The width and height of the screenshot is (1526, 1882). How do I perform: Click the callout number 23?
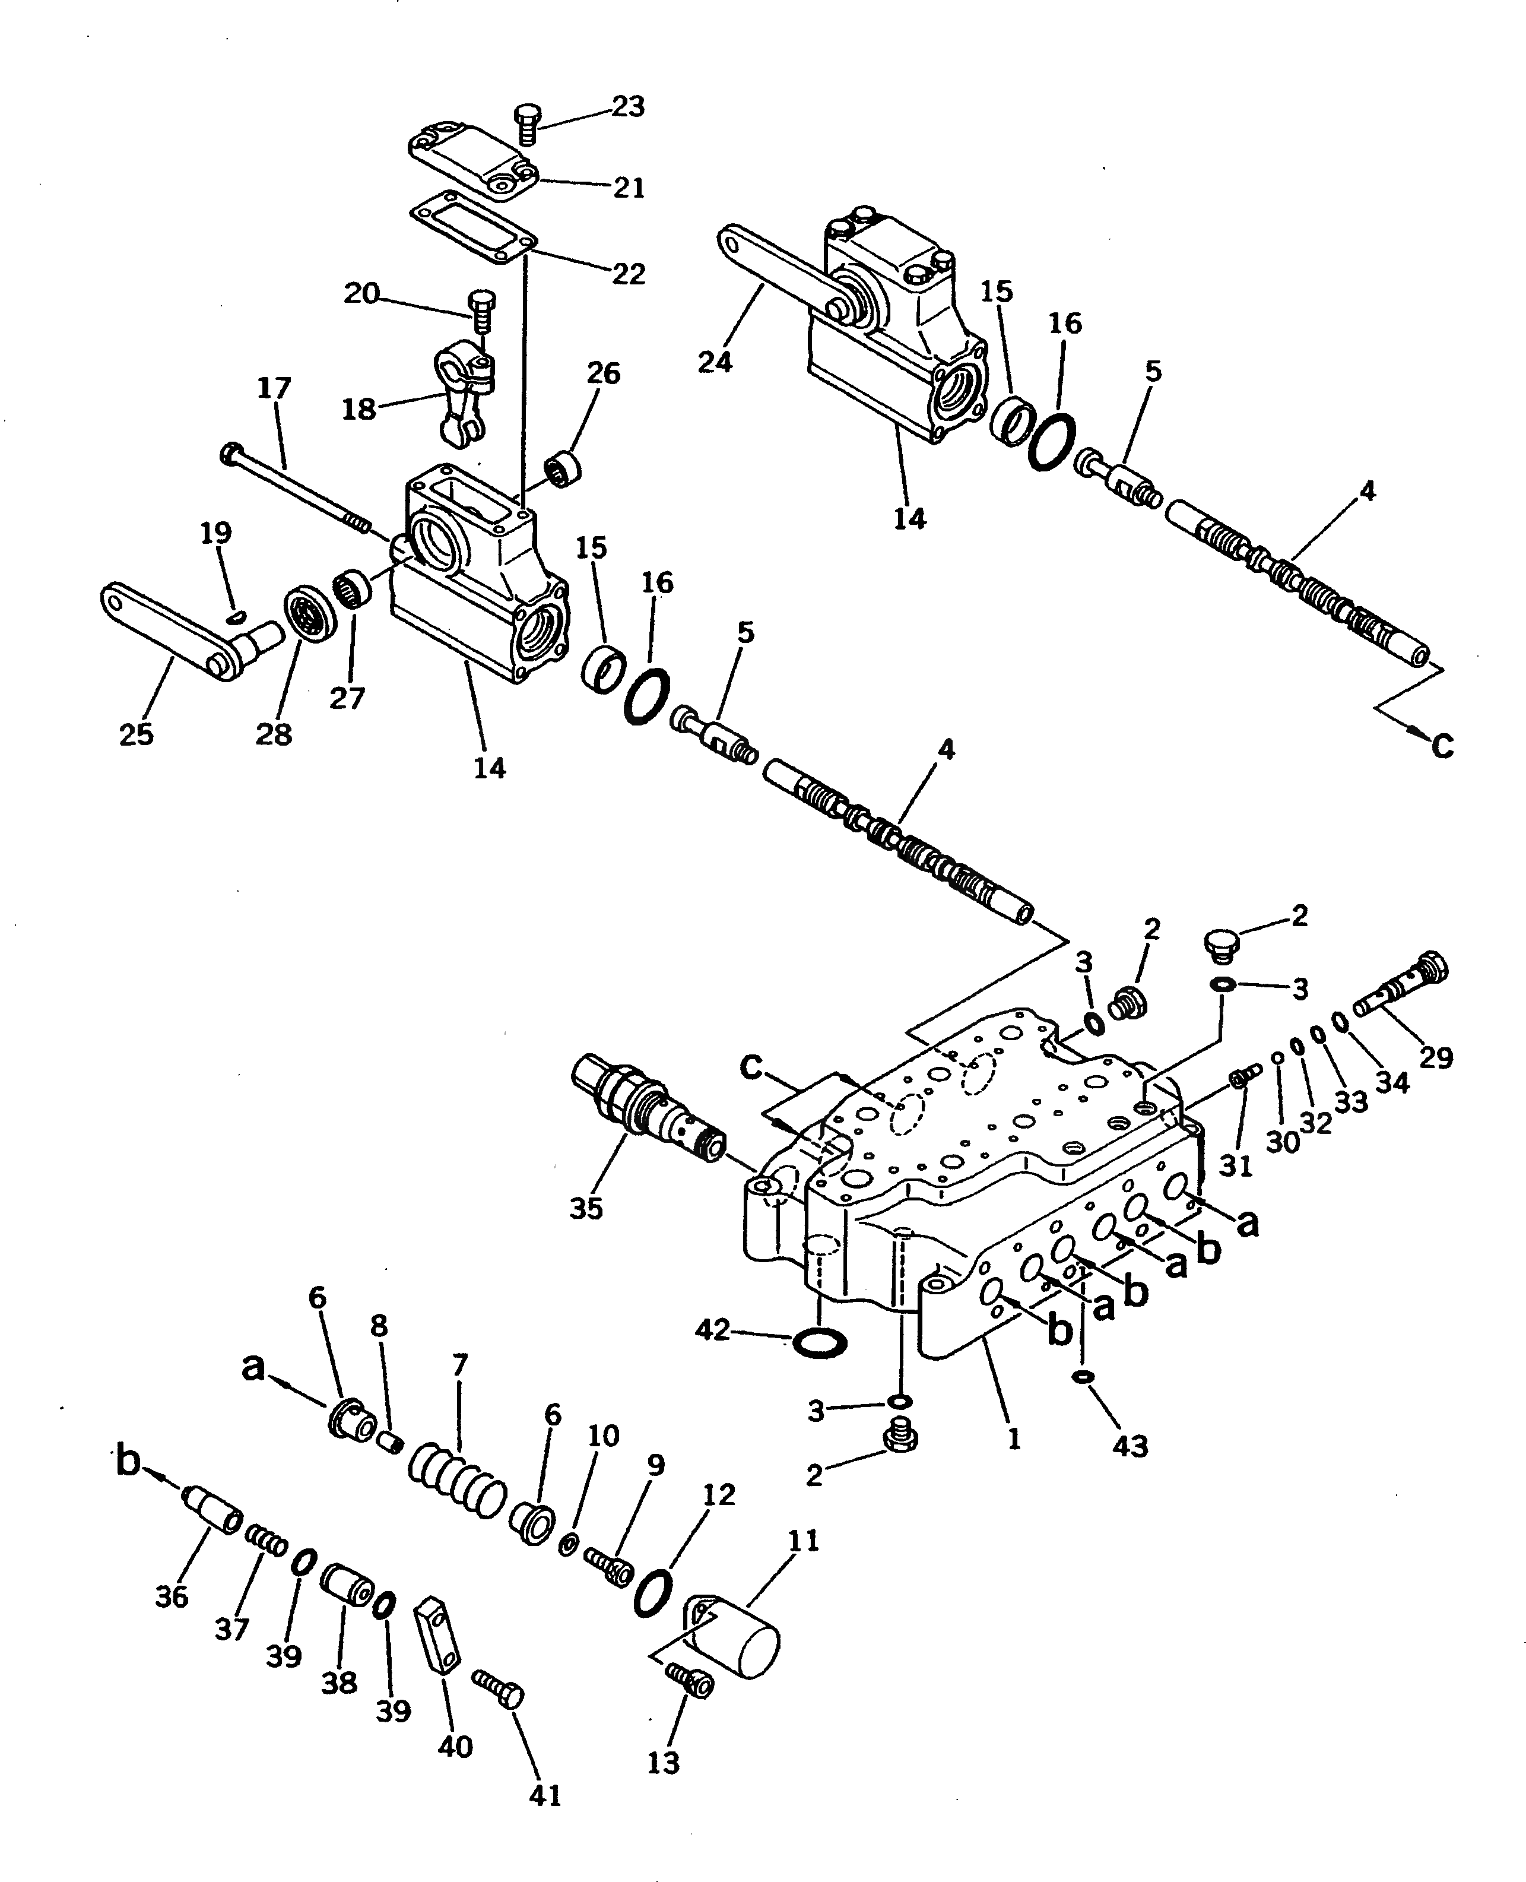(627, 106)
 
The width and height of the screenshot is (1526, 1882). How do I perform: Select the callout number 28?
(274, 733)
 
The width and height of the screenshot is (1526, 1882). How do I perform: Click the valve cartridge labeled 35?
(648, 1113)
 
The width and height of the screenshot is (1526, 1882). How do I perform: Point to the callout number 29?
(1435, 1057)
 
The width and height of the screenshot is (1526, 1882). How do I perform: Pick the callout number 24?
(715, 362)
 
